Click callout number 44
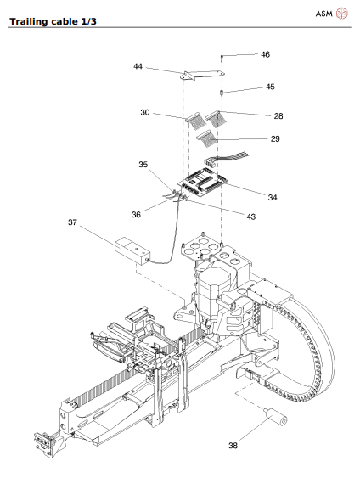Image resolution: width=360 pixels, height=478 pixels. point(138,65)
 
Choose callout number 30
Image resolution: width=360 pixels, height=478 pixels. point(145,112)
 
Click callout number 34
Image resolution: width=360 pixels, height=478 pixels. point(272,197)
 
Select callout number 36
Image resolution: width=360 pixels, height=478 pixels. point(136,215)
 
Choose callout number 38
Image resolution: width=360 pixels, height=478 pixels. point(233,444)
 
